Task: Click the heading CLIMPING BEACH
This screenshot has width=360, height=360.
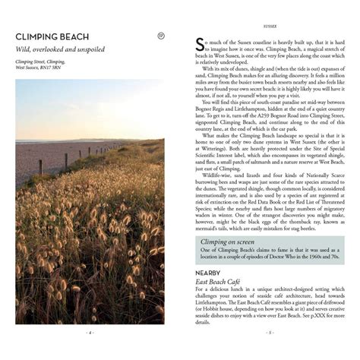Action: (x=57, y=36)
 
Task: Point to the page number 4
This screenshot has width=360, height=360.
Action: (x=90, y=332)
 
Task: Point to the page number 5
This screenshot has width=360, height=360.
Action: (x=269, y=332)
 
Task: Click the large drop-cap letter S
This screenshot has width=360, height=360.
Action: (x=200, y=44)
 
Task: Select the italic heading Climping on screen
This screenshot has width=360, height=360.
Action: (x=229, y=242)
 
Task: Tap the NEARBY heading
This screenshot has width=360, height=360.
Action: (x=208, y=272)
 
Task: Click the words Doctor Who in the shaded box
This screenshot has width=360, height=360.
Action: (x=287, y=257)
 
